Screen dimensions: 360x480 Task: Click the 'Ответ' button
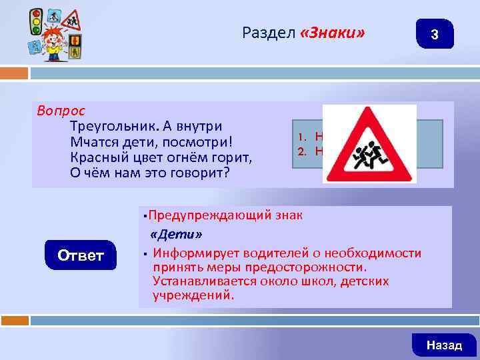click(80, 255)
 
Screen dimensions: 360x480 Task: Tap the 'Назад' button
click(443, 345)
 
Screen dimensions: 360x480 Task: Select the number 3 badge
click(434, 34)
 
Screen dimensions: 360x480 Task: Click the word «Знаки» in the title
click(333, 33)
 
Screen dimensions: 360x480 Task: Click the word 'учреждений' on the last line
click(193, 295)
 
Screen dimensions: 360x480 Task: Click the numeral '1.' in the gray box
click(301, 139)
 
